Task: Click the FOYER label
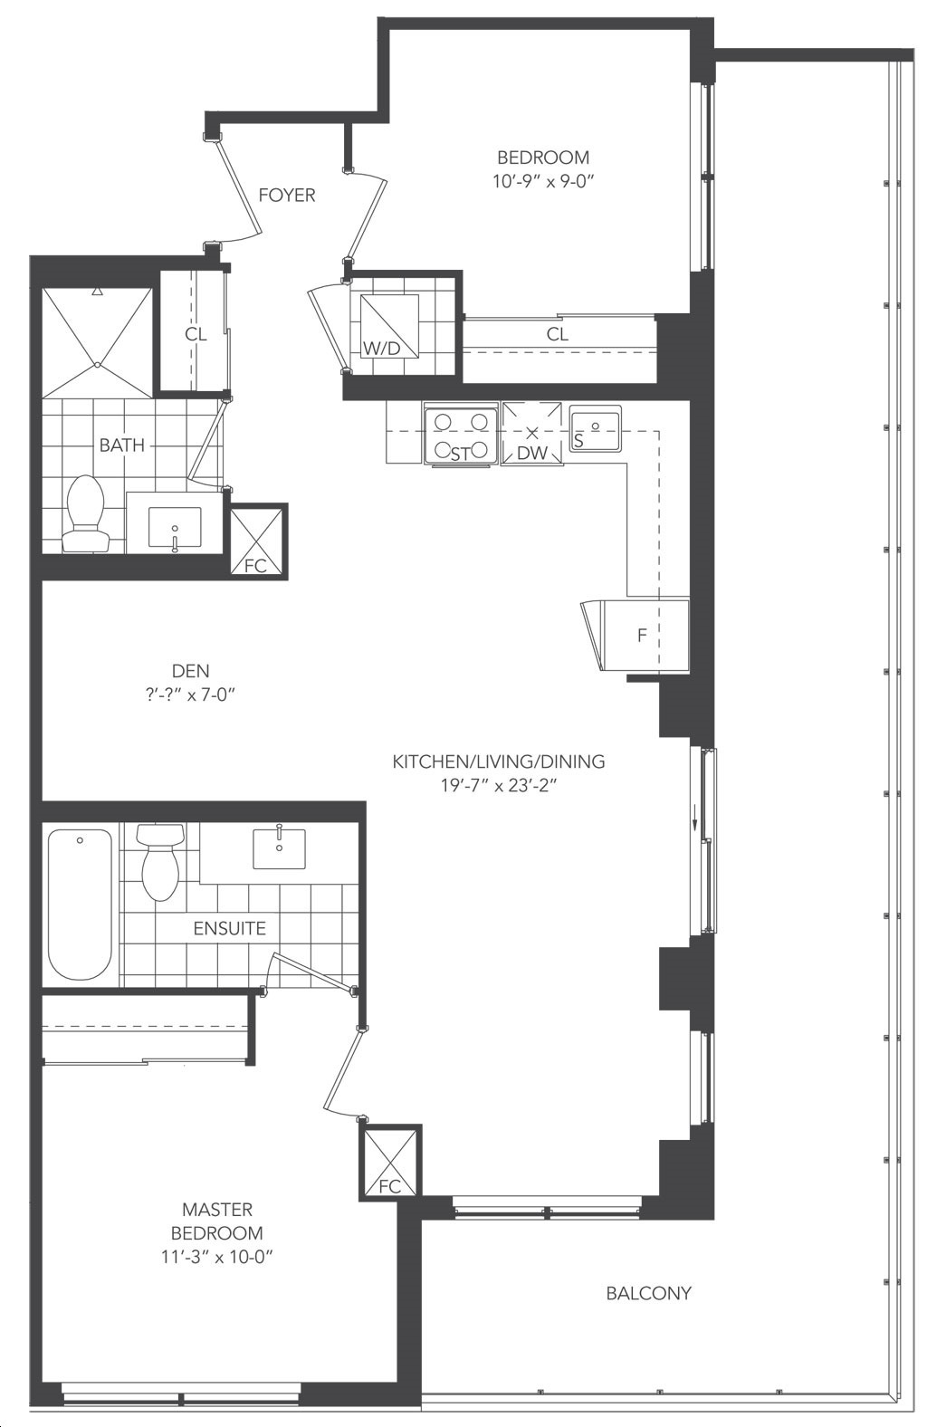point(287,195)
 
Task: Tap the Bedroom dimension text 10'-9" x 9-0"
point(543,182)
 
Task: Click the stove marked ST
point(461,436)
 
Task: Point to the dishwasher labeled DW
point(532,434)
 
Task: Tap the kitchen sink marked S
point(595,428)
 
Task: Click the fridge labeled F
point(645,635)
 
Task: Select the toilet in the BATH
point(84,513)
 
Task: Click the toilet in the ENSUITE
point(159,862)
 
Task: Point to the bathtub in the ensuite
point(81,904)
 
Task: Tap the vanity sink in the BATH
point(175,527)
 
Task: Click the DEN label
point(190,671)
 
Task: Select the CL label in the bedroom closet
point(558,334)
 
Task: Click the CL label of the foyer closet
point(196,334)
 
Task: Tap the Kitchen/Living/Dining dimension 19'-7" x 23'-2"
point(499,786)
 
